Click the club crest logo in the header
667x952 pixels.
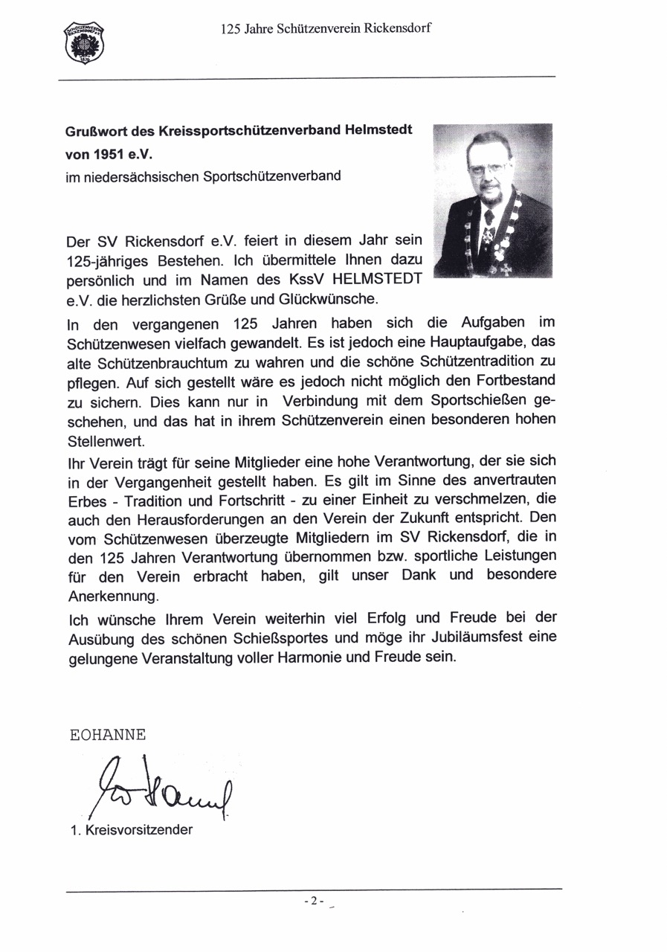[x=84, y=42]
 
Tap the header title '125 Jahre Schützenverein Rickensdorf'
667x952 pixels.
[x=326, y=29]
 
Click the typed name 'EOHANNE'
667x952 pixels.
[x=107, y=734]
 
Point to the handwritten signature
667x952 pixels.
[x=160, y=788]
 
